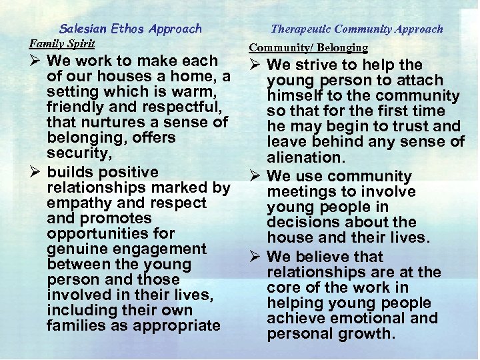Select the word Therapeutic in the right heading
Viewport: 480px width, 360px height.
301,29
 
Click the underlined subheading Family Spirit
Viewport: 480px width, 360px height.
62,43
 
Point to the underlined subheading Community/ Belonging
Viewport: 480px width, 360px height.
308,47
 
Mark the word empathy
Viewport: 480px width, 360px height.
75,203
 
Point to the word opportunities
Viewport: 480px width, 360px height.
91,233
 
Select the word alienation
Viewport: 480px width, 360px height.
305,157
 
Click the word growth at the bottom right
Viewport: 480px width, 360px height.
367,333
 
